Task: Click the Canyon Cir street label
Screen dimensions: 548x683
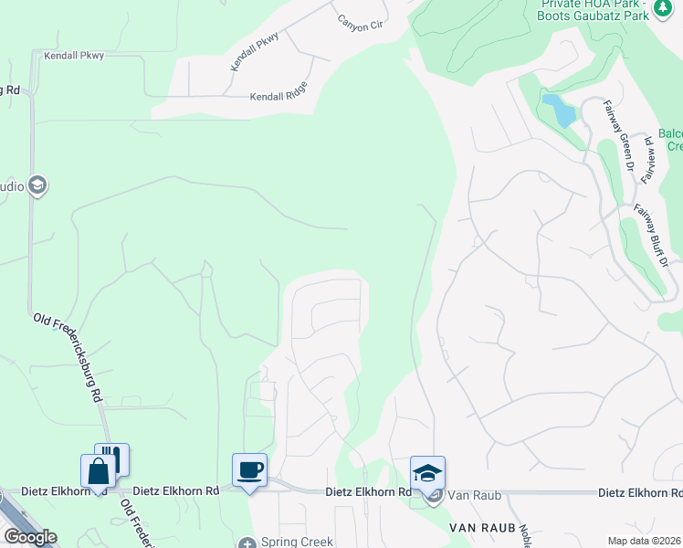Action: [x=360, y=22]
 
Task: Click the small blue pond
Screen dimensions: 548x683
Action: [x=559, y=111]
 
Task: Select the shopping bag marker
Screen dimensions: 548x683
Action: [x=99, y=472]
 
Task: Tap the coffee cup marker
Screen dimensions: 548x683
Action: [x=250, y=470]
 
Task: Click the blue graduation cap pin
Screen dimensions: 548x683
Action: [x=427, y=472]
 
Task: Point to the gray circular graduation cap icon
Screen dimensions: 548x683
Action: [x=37, y=186]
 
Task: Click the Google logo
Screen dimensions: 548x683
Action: [x=30, y=537]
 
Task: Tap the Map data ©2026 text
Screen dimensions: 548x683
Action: [x=644, y=542]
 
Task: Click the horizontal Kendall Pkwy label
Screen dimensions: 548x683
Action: [x=74, y=56]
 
